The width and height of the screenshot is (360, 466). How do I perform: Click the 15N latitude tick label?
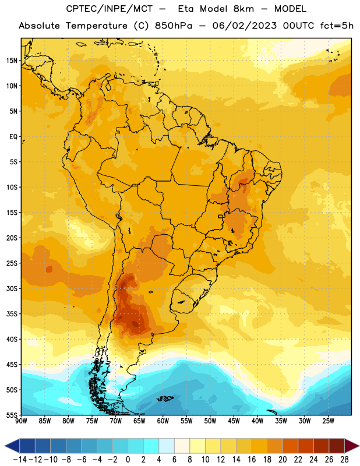click(12, 61)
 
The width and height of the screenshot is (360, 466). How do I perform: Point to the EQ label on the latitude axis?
click(13, 137)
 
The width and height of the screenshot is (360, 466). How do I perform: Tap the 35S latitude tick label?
click(12, 314)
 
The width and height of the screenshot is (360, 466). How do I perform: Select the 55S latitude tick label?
click(12, 415)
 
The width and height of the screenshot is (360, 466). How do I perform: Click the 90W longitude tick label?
click(21, 421)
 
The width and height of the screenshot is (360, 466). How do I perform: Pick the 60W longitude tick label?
click(163, 421)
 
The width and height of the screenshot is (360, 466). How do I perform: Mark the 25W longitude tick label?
click(328, 421)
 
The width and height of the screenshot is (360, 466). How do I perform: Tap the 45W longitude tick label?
click(234, 421)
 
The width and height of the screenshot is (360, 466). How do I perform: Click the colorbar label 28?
click(344, 460)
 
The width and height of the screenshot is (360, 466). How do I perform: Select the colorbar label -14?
click(20, 460)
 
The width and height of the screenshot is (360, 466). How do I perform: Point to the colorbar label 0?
click(128, 460)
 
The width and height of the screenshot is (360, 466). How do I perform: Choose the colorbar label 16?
click(252, 460)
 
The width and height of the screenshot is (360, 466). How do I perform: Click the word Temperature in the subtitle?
click(97, 26)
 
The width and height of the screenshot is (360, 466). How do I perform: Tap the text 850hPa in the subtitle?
click(174, 26)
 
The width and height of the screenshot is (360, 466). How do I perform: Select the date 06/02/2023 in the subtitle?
click(244, 26)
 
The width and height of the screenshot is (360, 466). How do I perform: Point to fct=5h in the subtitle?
click(337, 26)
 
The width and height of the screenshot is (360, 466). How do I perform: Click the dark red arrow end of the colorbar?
click(351, 446)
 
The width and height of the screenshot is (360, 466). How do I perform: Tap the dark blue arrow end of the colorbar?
click(12, 446)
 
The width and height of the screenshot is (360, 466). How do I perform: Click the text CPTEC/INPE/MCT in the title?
click(109, 9)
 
